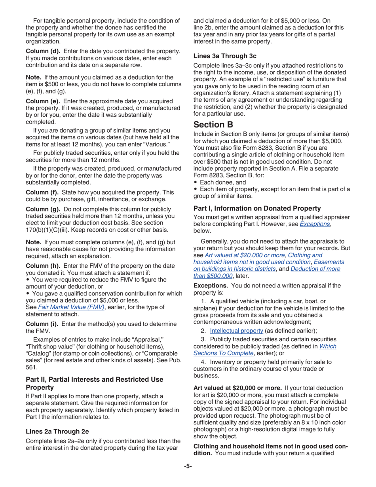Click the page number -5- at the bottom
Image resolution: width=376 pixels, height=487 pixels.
pyautogui.click(x=188, y=466)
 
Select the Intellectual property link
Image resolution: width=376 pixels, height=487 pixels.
pyautogui.click(x=236, y=331)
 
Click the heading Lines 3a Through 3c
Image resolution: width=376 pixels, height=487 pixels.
pyautogui.click(x=225, y=56)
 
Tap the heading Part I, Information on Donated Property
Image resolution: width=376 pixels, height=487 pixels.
pyautogui.click(x=257, y=208)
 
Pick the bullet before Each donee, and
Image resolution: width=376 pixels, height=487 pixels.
pyautogui.click(x=196, y=183)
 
